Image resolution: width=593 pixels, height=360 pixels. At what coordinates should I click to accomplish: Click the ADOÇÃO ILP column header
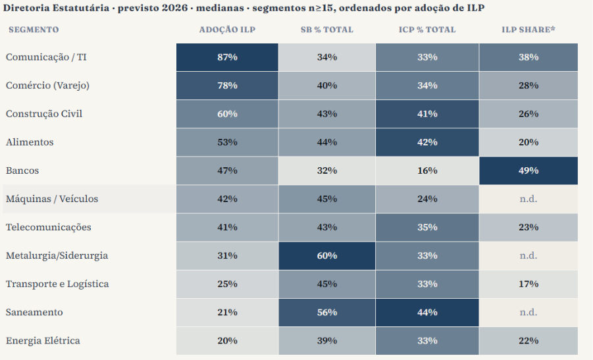coord(227,30)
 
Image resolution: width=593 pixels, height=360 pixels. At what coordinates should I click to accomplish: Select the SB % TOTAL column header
coord(326,30)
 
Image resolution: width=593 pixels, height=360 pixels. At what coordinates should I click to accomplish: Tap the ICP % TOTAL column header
coord(427,30)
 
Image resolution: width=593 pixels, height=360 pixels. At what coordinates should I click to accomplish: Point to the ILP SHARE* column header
coord(529,30)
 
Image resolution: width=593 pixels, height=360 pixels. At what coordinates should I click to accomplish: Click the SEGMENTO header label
coord(34,30)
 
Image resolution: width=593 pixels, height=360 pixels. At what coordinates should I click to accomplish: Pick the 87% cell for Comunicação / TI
coord(227,57)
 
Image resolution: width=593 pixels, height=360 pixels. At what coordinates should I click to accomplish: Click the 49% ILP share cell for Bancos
coord(529,170)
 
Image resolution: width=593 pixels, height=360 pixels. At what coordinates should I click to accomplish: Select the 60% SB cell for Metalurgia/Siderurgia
coord(326,255)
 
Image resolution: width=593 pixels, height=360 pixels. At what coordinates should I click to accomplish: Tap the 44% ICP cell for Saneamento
coord(427,313)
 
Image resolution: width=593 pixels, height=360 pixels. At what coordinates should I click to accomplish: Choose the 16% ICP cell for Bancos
coord(427,170)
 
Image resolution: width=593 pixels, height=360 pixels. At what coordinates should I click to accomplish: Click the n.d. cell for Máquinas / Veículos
coord(529,199)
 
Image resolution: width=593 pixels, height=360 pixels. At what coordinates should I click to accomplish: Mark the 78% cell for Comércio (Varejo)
coord(227,86)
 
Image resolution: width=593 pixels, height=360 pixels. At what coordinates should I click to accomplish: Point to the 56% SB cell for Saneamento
coord(326,313)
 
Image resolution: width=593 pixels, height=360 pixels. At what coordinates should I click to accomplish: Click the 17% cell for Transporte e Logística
coord(529,284)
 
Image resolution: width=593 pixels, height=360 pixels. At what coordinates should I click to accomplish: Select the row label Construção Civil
coord(44,114)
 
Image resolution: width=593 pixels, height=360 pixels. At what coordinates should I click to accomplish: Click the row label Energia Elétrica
coord(43,341)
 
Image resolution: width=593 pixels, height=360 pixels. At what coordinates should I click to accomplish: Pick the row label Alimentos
coord(30,142)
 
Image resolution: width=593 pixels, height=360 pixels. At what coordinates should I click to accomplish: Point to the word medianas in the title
coord(220,8)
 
